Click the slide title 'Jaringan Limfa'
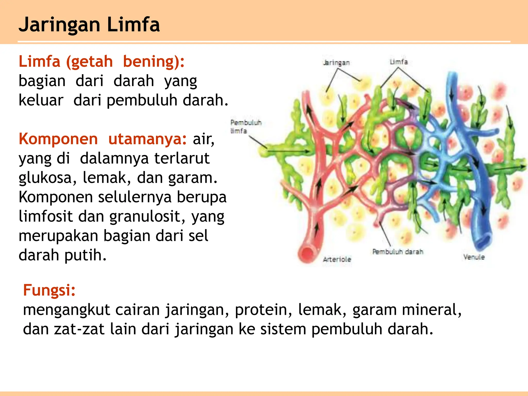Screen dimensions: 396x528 [89, 25]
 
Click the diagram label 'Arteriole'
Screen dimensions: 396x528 [337, 259]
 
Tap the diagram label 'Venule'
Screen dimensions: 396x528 [474, 257]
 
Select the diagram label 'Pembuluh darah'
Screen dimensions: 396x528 [398, 252]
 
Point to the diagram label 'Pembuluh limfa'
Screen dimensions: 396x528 [245, 127]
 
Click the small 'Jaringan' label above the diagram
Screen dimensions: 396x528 [336, 63]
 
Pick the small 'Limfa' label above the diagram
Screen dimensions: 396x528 [399, 62]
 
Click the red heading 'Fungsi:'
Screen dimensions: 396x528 [49, 290]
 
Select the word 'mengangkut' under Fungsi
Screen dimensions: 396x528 [67, 310]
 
